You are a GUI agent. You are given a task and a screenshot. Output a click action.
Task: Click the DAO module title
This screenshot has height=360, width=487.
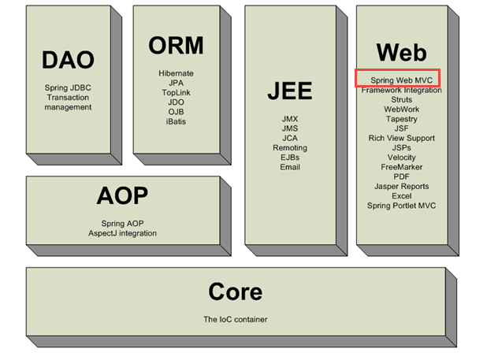[x=68, y=59]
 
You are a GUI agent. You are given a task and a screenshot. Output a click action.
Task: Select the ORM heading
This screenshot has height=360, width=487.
[x=176, y=46]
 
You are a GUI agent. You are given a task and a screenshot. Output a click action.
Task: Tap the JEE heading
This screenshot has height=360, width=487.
[x=289, y=91]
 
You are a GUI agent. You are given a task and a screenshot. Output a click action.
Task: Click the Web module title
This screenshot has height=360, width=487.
[x=401, y=52]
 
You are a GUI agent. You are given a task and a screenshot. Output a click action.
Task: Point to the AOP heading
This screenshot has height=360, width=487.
[x=122, y=195]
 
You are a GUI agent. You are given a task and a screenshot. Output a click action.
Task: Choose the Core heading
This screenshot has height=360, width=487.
[x=234, y=291]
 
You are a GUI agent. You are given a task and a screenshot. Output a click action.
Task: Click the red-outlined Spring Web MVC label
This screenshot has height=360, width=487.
[x=396, y=80]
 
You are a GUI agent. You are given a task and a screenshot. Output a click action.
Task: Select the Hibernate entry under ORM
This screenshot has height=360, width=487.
[x=176, y=73]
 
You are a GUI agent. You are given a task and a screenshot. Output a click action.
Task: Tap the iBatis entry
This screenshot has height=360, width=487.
[x=176, y=121]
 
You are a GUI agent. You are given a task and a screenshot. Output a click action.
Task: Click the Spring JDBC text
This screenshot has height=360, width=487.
[x=68, y=87]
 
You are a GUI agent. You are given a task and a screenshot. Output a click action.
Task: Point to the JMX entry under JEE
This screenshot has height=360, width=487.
[x=290, y=119]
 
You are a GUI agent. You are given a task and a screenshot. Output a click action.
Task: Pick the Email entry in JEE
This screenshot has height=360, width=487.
[x=290, y=166]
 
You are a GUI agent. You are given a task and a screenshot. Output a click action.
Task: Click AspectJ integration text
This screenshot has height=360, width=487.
[x=122, y=233]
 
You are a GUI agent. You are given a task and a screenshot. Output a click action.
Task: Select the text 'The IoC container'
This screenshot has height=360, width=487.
[x=234, y=319]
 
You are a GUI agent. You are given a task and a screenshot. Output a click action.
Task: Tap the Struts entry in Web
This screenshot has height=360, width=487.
[x=402, y=100]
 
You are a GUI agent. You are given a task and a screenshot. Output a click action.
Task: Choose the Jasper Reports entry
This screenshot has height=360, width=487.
[x=402, y=187]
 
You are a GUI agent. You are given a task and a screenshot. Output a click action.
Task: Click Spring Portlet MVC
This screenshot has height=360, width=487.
[x=402, y=206]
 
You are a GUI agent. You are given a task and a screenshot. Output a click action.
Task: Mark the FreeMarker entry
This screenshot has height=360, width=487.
[x=402, y=167]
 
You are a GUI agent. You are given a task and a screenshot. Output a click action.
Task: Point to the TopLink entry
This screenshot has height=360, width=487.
[x=176, y=92]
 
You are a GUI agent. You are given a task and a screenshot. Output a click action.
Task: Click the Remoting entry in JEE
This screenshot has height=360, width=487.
[x=290, y=147]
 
